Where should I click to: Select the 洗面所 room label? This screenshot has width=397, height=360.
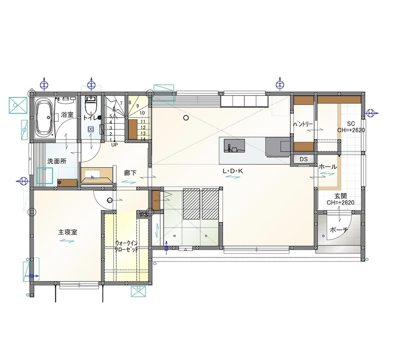pos(56,161)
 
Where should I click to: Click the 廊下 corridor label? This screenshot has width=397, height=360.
pos(130,173)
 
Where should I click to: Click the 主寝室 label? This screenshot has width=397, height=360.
pos(68,232)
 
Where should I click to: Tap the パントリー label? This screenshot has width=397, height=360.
pos(303,123)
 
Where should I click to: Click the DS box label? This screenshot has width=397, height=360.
pos(303,160)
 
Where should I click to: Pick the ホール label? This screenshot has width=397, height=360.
pos(328,167)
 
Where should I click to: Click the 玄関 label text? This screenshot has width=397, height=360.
pos(341,196)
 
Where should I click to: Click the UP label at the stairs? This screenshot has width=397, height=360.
pos(114,145)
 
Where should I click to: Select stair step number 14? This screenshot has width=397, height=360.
pos(143,139)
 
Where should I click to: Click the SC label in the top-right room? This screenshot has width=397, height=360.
pos(351,123)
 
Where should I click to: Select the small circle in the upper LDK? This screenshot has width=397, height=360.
pos(186,118)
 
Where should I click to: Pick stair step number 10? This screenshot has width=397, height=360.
pos(142,113)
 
